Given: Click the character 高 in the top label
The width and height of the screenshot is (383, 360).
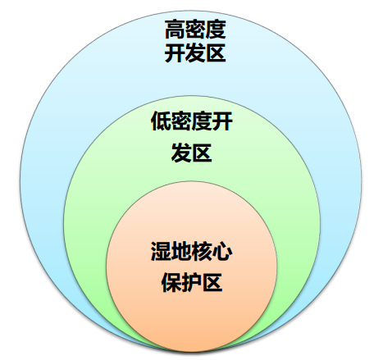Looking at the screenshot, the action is (175, 29).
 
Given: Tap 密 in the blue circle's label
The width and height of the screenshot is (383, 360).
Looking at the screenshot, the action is (195, 29).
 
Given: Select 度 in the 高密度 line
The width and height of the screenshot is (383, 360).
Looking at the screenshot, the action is (216, 29).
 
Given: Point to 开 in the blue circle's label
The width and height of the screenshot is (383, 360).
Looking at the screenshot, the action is (175, 52).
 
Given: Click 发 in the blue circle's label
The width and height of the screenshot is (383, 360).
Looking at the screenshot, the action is (195, 52).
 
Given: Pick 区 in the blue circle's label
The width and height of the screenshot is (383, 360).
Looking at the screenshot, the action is (216, 52).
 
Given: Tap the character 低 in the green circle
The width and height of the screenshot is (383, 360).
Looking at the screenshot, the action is (161, 121).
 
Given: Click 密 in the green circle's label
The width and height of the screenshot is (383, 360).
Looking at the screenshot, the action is (181, 121).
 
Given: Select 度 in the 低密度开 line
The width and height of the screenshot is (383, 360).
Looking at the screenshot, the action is (202, 121).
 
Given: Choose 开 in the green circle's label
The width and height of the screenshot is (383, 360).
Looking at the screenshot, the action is (222, 121).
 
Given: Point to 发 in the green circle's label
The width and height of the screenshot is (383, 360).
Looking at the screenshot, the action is (181, 153).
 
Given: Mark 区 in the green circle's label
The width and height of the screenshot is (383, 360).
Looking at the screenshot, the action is (202, 153).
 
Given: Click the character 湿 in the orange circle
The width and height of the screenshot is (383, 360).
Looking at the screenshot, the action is (161, 251).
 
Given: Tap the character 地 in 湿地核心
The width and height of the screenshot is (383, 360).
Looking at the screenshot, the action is (181, 251).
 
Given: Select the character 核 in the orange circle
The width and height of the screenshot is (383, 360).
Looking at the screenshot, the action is (202, 251).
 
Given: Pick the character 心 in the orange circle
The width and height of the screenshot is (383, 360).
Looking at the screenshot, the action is (222, 251).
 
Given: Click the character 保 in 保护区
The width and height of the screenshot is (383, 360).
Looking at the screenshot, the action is (171, 282).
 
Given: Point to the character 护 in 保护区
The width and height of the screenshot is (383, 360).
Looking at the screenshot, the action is (192, 282).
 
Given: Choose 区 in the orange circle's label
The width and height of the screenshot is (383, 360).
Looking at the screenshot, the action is (212, 282).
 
